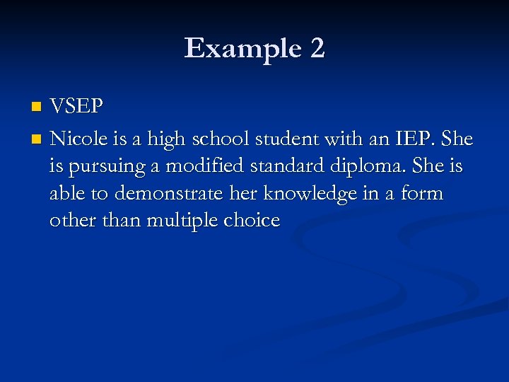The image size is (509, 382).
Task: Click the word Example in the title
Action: tap(240, 49)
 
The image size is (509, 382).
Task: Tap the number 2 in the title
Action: tap(317, 49)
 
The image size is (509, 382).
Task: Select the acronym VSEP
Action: tap(77, 107)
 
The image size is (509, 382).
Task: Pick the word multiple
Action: tap(182, 221)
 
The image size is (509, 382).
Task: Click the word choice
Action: tap(252, 221)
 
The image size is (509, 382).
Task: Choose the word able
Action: tap(69, 193)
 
